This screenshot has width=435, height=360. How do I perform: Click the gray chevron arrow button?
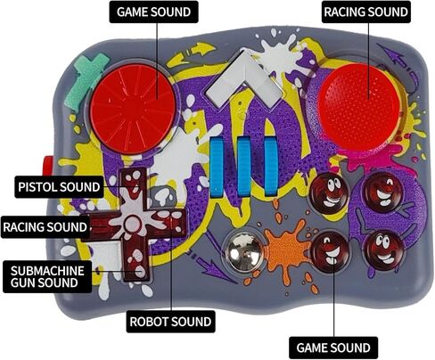click(244, 79)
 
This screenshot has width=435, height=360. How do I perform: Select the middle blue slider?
click(244, 167)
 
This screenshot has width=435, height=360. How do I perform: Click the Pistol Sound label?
click(59, 187)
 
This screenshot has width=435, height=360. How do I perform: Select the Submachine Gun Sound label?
click(47, 276)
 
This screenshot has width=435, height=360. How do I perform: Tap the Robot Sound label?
click(170, 322)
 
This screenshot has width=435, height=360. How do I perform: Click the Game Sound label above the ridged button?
click(153, 12)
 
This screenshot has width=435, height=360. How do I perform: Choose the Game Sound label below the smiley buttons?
click(333, 348)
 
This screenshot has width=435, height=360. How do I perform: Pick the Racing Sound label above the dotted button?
click(366, 12)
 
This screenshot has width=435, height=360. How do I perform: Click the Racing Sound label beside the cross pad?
click(45, 227)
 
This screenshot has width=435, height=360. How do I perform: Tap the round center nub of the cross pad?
click(132, 224)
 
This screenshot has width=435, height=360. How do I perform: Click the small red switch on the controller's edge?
click(46, 168)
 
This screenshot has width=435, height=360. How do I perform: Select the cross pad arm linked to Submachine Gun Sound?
click(135, 261)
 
